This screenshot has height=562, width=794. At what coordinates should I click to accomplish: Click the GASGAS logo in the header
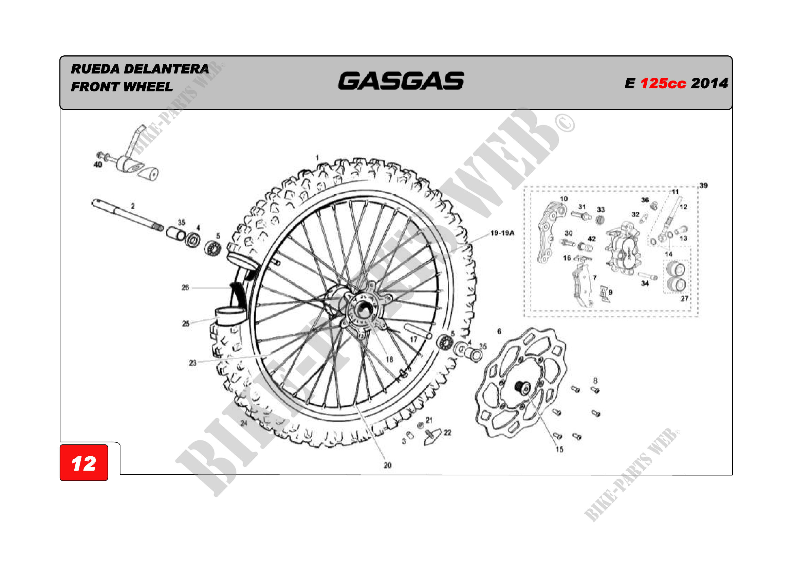point(401,81)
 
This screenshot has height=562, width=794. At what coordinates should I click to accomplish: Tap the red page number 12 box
point(84,463)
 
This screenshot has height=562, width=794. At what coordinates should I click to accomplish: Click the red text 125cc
point(663,83)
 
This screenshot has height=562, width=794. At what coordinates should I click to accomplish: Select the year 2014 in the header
point(709,83)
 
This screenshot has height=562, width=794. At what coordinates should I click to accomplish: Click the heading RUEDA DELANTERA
point(140,69)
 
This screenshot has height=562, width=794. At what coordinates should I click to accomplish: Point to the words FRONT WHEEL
point(122,87)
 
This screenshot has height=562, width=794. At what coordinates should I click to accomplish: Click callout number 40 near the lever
point(98,165)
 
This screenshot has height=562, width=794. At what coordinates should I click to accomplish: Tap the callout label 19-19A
point(502,233)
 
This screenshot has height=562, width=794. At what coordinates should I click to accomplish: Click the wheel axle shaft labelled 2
point(125,214)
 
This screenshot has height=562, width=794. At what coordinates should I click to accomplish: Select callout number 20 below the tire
point(387,466)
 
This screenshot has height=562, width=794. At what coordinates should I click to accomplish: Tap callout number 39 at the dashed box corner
point(703,186)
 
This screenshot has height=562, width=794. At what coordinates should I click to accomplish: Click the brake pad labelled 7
point(582,285)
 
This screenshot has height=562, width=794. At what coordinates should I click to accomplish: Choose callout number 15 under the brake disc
point(559,450)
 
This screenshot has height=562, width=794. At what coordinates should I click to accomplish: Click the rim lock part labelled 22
point(432,437)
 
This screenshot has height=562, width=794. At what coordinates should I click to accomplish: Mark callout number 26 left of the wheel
point(185,287)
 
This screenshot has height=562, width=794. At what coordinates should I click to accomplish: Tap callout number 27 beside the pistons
point(684,299)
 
